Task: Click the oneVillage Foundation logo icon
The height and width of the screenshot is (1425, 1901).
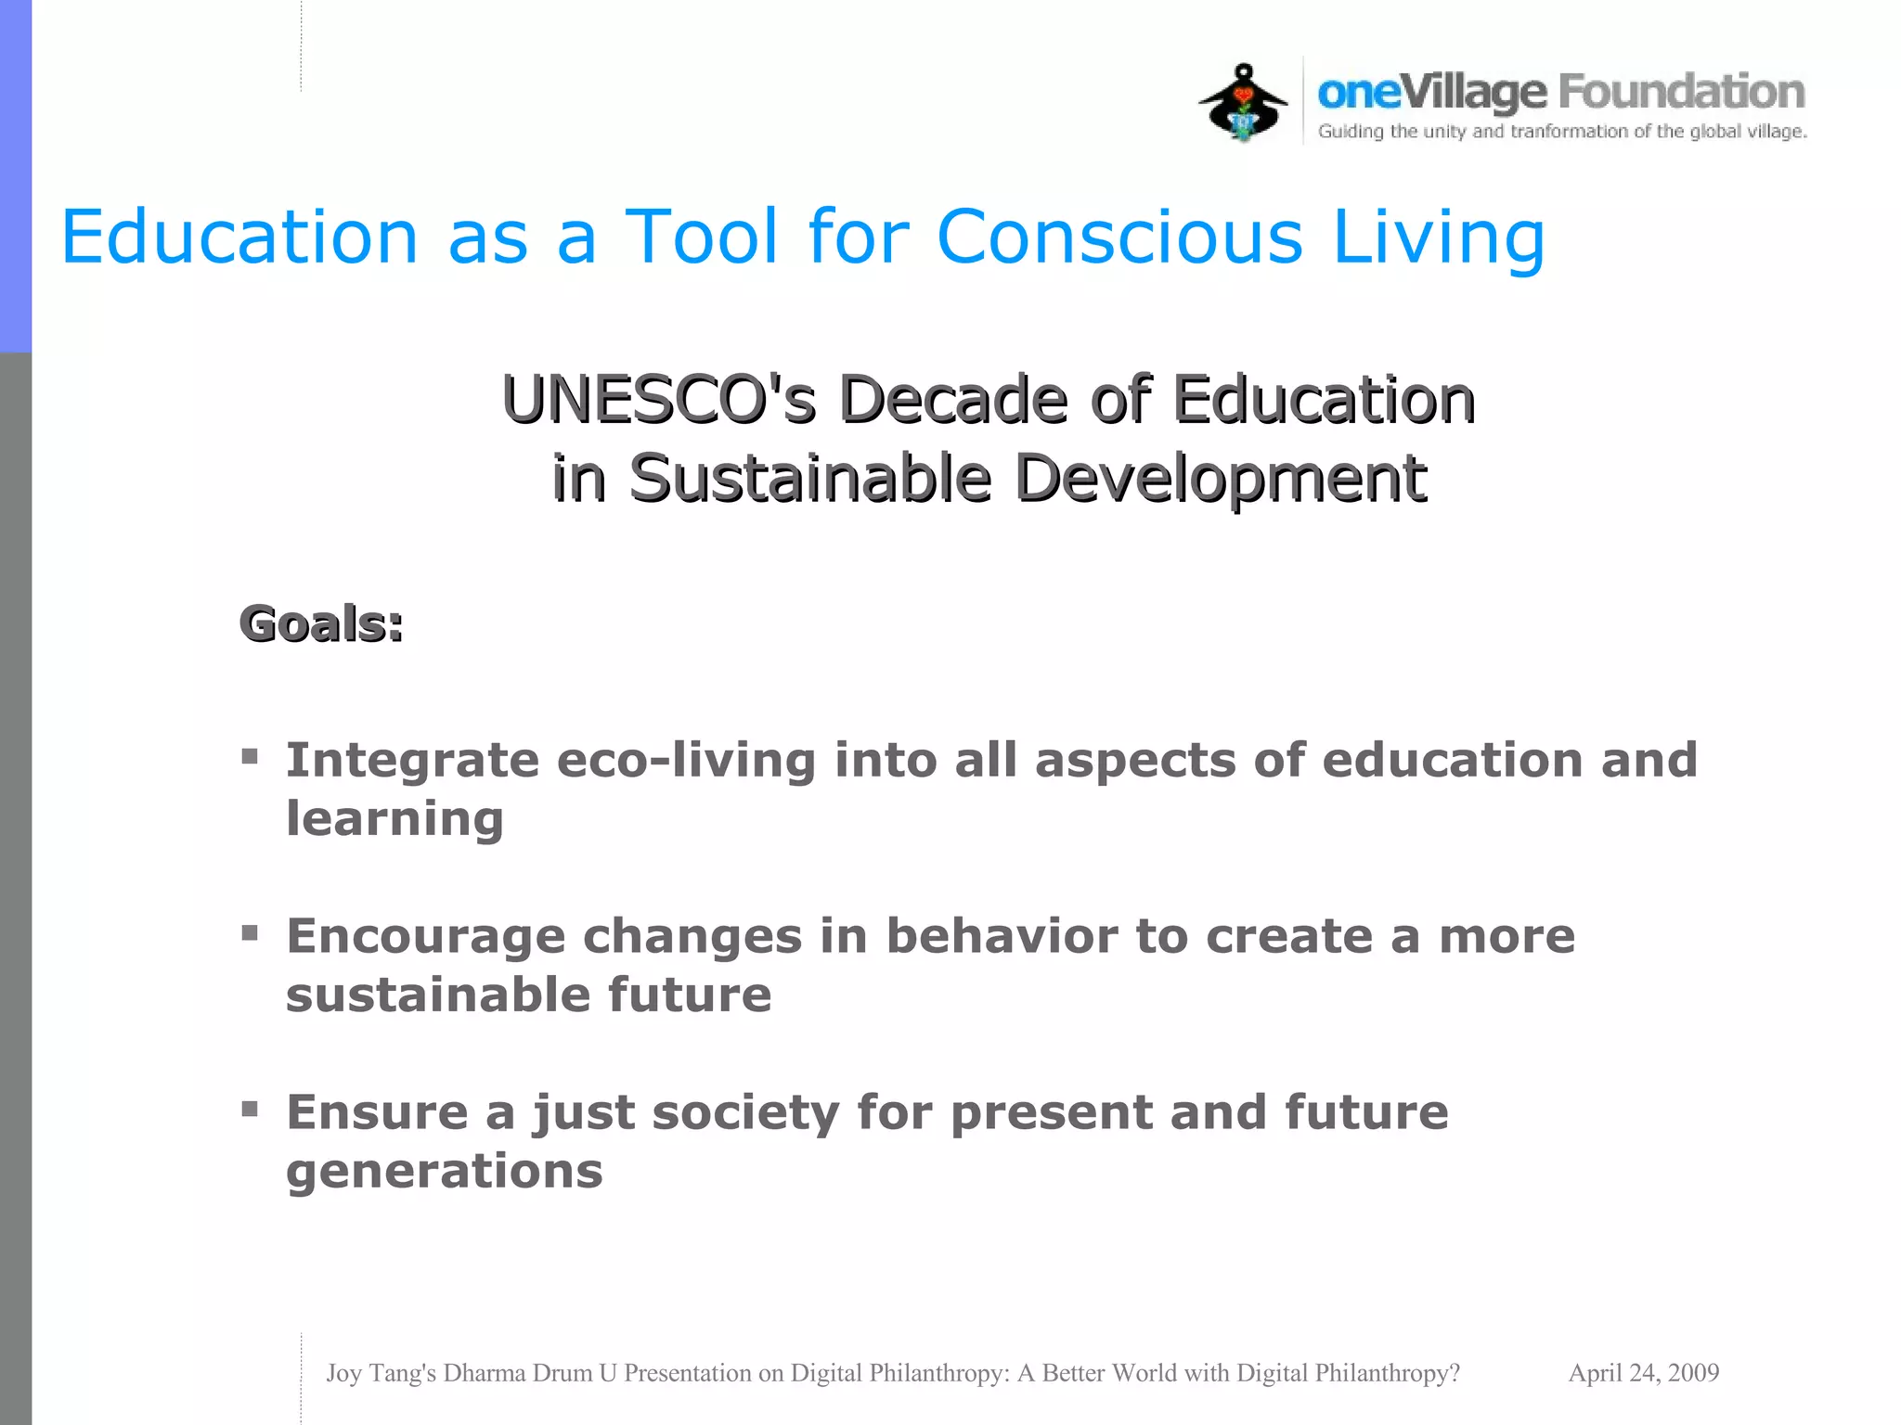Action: tap(1243, 103)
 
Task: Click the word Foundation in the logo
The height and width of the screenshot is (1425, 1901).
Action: tap(1681, 93)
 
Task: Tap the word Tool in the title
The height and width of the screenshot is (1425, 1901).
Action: tap(702, 237)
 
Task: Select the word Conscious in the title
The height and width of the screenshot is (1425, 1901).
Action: tap(1119, 237)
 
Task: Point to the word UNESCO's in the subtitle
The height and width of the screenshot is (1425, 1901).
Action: tap(659, 400)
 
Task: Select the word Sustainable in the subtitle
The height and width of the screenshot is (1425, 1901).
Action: tap(810, 479)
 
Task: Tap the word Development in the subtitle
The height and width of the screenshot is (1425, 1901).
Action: tap(1220, 481)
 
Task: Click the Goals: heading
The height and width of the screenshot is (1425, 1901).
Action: tap(321, 623)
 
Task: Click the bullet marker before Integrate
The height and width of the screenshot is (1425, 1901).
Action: tap(250, 756)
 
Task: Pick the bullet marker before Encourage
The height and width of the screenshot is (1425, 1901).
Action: tap(250, 932)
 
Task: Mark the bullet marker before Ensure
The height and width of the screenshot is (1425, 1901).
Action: tap(250, 1109)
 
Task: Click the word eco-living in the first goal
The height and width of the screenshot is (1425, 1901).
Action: tap(686, 761)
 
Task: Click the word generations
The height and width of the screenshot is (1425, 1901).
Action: tap(445, 1173)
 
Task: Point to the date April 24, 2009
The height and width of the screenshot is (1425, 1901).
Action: tap(1643, 1373)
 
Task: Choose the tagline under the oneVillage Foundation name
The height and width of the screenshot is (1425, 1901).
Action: tap(1562, 132)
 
